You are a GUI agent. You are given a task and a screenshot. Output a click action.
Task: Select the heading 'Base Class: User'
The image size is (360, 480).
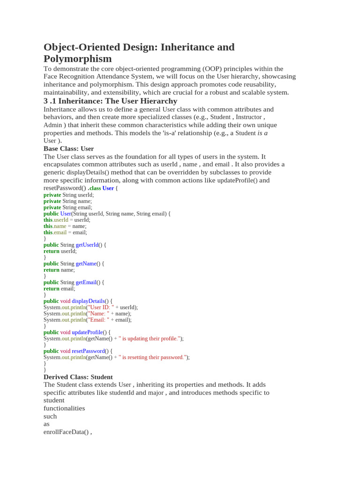(x=68, y=149)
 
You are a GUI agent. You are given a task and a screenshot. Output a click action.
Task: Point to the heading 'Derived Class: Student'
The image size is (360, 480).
(x=78, y=377)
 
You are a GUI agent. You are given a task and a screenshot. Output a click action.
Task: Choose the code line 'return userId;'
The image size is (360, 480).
(x=60, y=251)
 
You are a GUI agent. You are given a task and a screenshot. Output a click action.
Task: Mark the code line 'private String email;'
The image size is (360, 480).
(x=67, y=207)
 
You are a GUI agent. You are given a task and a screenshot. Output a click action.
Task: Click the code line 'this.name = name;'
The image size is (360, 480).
(x=65, y=226)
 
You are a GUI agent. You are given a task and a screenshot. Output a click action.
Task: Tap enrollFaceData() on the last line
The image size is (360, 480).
(x=66, y=432)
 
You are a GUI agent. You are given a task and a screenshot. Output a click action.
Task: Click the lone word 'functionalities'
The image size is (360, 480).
(x=64, y=408)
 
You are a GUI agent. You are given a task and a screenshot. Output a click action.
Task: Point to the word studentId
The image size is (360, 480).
(x=121, y=393)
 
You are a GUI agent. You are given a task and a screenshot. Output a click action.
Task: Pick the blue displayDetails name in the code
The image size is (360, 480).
(x=88, y=301)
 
